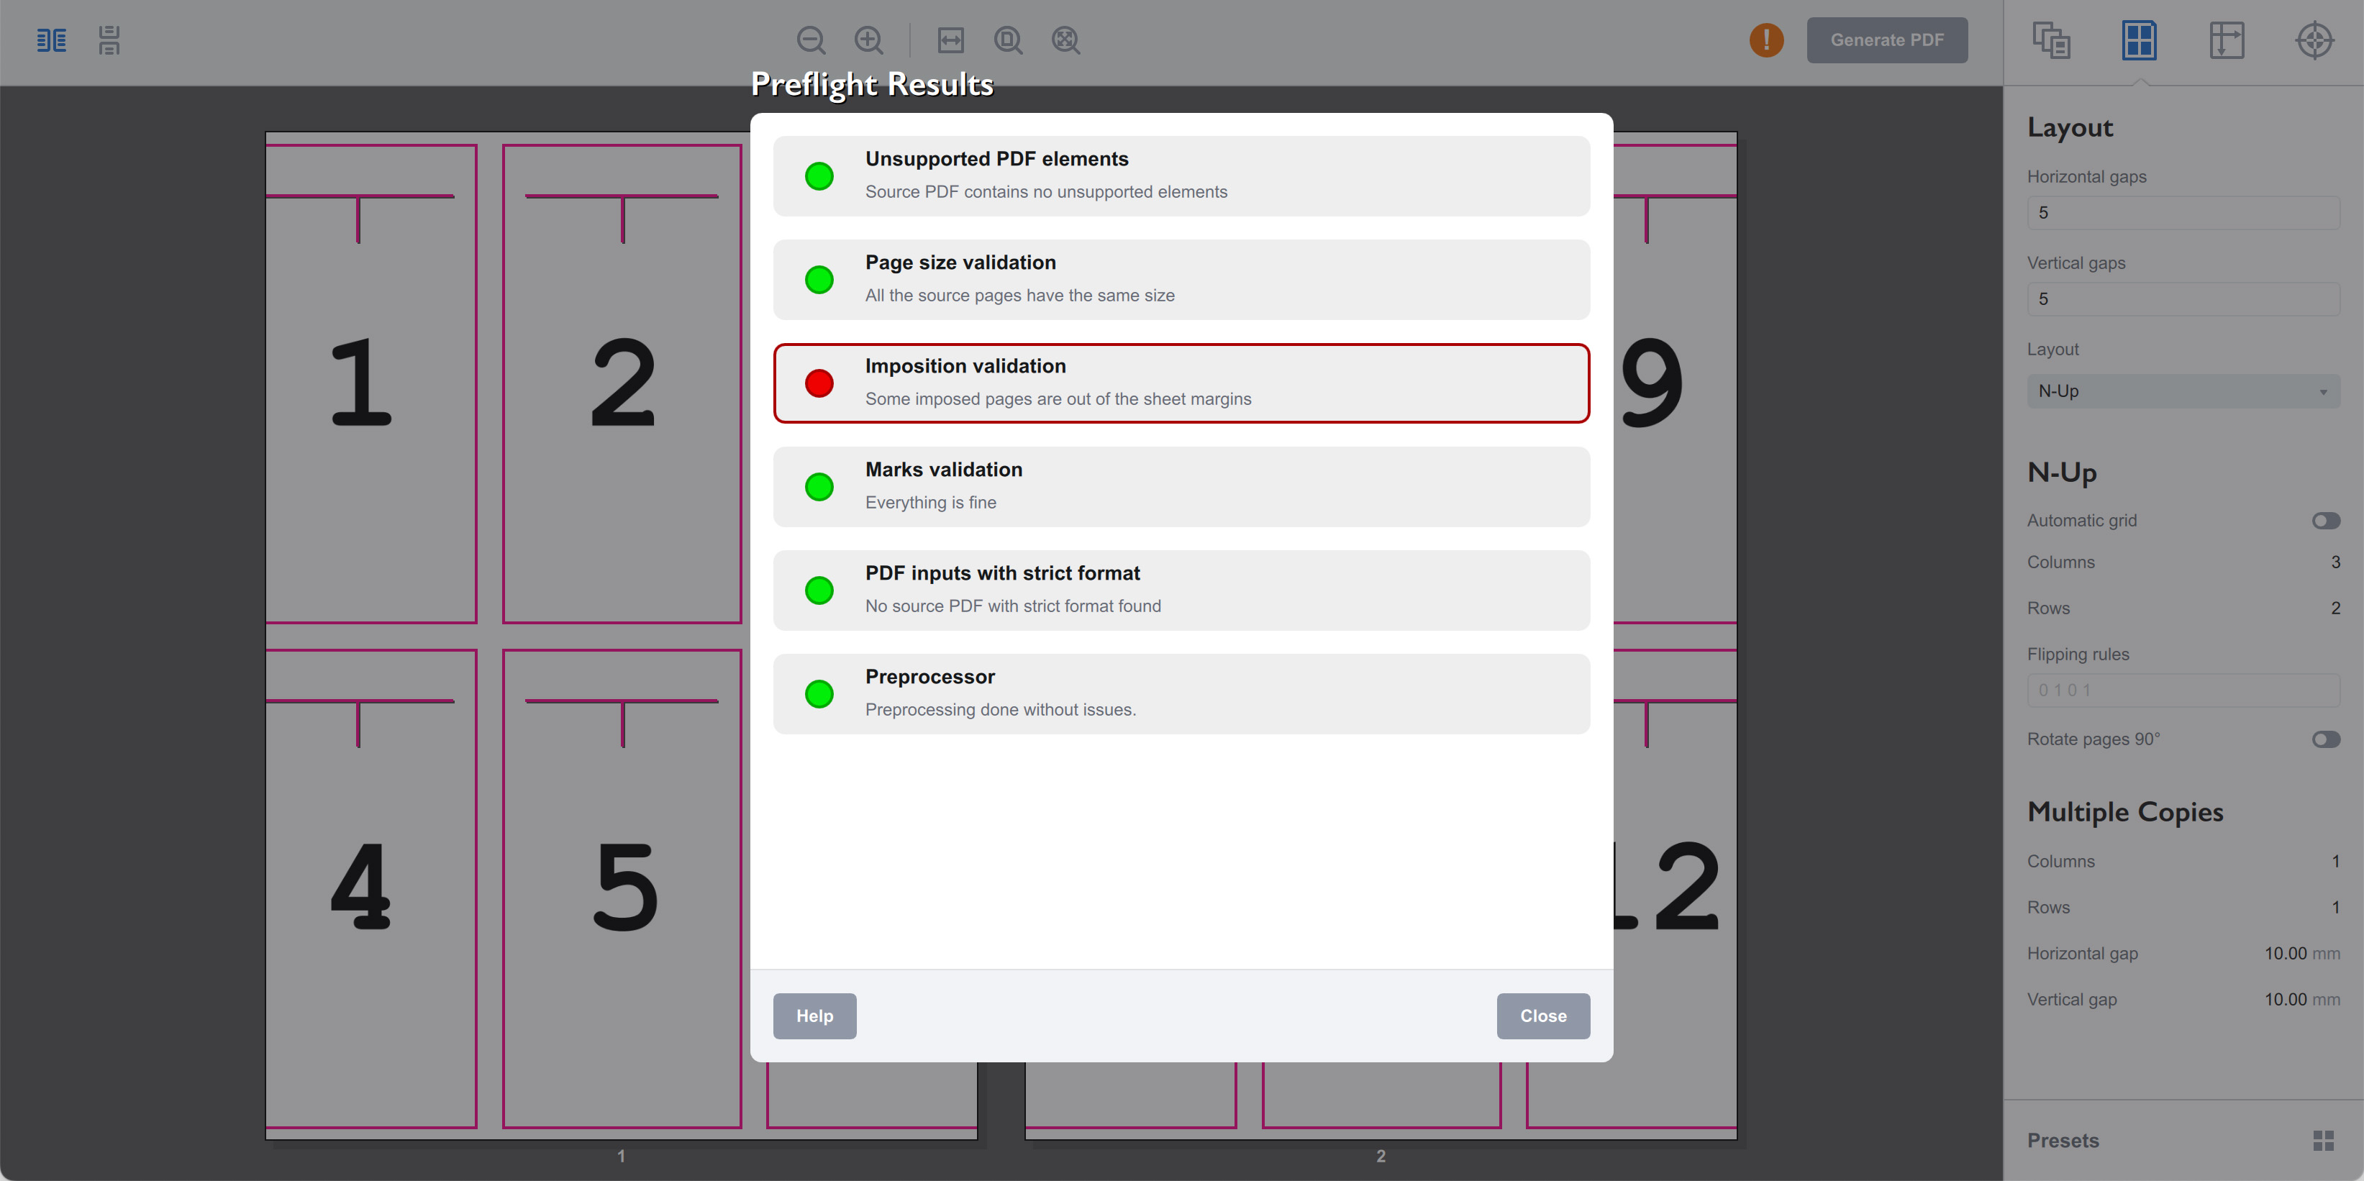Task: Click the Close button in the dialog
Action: [1542, 1016]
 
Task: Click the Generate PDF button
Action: [1887, 40]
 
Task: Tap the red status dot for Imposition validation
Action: [819, 383]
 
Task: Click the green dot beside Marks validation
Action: [819, 486]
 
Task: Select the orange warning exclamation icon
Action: [1765, 40]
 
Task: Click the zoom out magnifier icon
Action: [810, 40]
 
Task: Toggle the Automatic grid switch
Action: [2324, 520]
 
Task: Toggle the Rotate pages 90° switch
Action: [2324, 739]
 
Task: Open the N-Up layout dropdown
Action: [2182, 391]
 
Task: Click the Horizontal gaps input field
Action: [2182, 213]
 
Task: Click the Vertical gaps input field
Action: [2182, 299]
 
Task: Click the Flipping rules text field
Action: [2182, 690]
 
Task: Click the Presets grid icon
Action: [2323, 1141]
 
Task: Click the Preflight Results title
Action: [872, 84]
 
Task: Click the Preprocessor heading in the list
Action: [929, 676]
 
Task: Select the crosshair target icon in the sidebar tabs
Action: [2314, 40]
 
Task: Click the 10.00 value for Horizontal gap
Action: [2284, 954]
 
